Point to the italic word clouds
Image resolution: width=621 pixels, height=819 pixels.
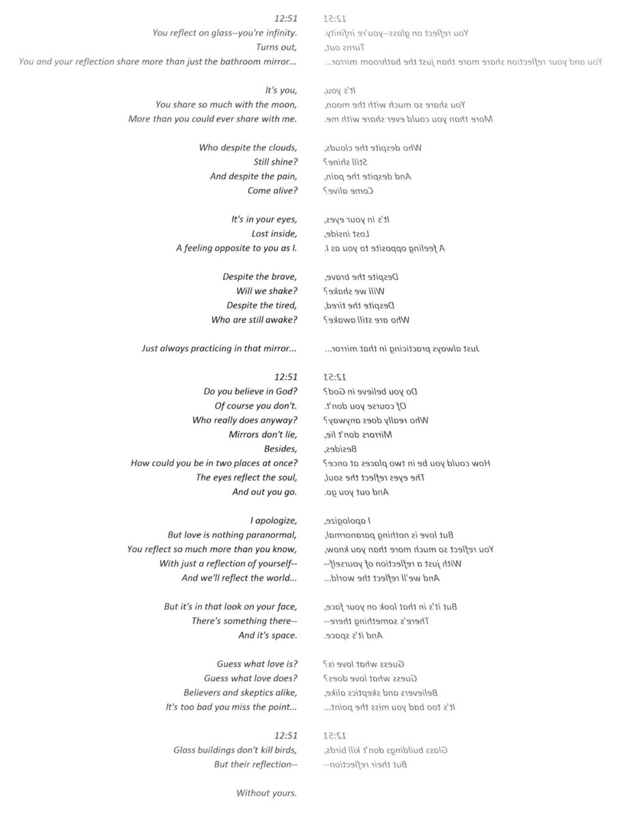click(x=283, y=147)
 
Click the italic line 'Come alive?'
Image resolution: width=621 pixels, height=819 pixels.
click(x=272, y=190)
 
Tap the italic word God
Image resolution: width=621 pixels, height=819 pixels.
click(x=287, y=391)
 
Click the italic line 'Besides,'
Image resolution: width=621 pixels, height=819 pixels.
click(x=280, y=448)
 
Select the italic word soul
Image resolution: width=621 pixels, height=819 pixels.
click(x=286, y=477)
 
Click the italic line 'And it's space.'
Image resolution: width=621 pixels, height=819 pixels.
click(x=268, y=635)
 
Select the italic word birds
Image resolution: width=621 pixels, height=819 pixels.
click(x=284, y=749)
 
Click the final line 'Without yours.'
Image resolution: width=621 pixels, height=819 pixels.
click(x=266, y=792)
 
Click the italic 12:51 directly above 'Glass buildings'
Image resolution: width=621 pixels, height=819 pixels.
click(x=286, y=735)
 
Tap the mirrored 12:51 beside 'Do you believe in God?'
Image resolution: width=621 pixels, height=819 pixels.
click(x=335, y=377)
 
